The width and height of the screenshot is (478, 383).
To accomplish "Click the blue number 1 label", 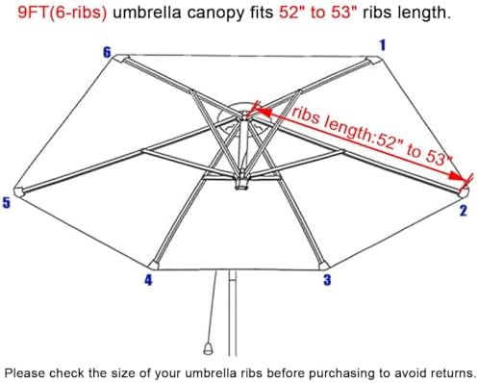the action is pyautogui.click(x=383, y=44).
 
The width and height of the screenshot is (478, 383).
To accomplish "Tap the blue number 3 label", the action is pyautogui.click(x=326, y=280).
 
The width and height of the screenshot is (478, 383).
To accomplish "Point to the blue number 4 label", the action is pyautogui.click(x=147, y=281).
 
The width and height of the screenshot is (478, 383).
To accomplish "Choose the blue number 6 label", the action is pyautogui.click(x=107, y=51).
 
